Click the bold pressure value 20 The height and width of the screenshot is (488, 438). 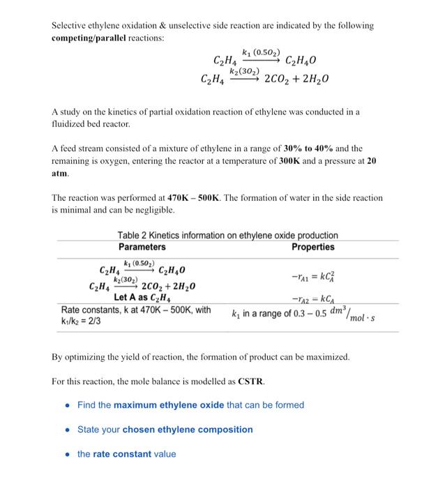tap(372, 160)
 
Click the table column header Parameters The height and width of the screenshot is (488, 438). tap(142, 247)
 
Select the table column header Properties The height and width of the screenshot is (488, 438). tap(312, 247)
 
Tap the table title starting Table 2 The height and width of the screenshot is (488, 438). tap(227, 236)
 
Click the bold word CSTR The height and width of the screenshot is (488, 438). tap(252, 382)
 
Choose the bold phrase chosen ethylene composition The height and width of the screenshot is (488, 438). tap(188, 429)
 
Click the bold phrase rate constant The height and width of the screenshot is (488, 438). tap(121, 454)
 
